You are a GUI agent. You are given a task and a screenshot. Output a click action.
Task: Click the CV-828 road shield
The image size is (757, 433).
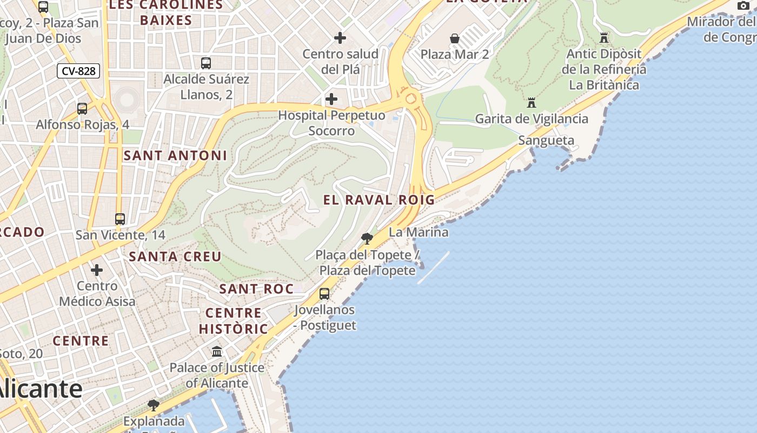78,71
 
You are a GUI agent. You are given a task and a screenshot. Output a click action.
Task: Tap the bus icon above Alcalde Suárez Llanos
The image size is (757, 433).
206,63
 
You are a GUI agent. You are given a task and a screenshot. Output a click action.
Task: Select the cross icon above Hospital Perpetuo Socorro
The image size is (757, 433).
331,99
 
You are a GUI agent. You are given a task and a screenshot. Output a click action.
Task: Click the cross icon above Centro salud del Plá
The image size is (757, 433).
340,38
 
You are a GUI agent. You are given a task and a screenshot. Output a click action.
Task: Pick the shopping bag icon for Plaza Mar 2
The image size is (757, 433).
455,38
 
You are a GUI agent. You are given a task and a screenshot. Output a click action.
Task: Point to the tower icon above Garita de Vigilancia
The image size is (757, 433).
532,102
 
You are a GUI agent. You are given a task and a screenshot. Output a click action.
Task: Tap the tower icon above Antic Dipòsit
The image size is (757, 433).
604,38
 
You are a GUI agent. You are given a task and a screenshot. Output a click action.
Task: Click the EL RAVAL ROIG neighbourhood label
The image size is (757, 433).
379,200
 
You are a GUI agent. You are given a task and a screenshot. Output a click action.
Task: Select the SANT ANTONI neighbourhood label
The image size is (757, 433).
175,156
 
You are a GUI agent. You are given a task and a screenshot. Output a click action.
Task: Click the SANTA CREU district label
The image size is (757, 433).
175,257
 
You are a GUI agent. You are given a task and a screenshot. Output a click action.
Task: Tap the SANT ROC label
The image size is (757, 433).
256,289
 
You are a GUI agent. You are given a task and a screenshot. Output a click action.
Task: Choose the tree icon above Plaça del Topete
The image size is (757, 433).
367,238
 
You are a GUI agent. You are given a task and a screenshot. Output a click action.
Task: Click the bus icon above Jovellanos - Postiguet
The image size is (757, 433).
324,294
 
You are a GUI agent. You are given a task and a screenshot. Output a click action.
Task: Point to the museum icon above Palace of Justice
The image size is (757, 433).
217,352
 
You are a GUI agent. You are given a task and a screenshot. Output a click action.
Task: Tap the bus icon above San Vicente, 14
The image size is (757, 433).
120,219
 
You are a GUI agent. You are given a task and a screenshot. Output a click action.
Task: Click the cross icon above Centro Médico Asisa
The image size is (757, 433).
97,270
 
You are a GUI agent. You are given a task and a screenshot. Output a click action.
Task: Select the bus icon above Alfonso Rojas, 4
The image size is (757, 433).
82,108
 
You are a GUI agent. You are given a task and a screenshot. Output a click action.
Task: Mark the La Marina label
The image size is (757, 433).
419,232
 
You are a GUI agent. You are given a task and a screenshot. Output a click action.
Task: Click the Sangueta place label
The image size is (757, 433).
546,141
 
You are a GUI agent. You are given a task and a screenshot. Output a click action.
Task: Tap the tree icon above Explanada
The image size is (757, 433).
154,405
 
